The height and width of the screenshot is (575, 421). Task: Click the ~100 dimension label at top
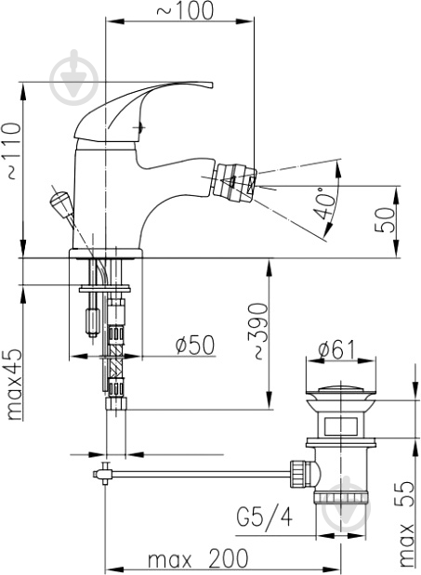[x=185, y=10]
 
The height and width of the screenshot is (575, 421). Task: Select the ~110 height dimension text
[x=14, y=150]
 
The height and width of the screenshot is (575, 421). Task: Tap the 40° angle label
[x=322, y=203]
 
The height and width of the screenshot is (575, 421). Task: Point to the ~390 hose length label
[x=259, y=331]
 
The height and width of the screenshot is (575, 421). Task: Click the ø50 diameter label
[x=195, y=346]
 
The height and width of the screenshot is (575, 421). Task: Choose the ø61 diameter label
[x=336, y=349]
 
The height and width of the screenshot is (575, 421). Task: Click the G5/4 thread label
[x=265, y=517]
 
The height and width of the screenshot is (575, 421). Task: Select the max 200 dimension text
[x=198, y=559]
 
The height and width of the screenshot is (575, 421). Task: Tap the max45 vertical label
[x=15, y=386]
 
